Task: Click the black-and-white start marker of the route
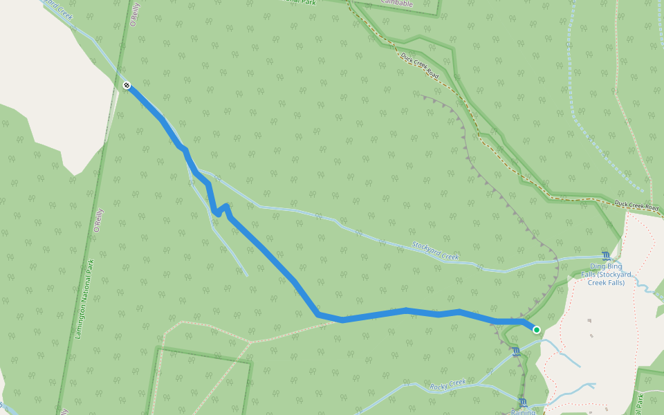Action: tap(127, 85)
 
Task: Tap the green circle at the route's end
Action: tap(537, 330)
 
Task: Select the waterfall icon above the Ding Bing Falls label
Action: tap(607, 257)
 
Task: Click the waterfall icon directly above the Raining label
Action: tap(524, 403)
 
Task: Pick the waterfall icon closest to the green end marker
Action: tap(516, 352)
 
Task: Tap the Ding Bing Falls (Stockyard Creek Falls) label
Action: tap(606, 275)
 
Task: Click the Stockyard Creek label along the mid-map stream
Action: tap(435, 251)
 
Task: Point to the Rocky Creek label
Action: tap(448, 385)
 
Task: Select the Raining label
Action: tap(524, 412)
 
